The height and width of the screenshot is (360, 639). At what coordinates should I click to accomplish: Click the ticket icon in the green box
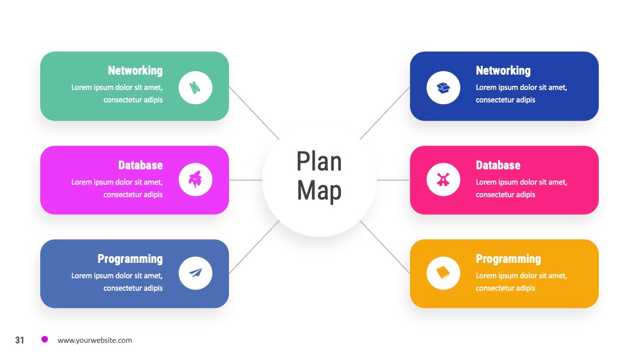195,88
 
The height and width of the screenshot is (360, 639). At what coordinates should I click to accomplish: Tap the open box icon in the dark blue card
443,88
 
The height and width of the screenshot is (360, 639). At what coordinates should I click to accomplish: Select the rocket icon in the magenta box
195,179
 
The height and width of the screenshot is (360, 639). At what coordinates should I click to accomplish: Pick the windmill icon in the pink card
443,179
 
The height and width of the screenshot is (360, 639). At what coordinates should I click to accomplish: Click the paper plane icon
195,273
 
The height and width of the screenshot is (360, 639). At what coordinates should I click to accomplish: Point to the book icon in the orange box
443,273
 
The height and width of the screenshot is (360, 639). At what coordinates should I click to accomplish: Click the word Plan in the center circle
319,162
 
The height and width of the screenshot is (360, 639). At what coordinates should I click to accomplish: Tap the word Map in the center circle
319,191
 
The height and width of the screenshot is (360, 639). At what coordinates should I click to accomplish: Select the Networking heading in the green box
135,70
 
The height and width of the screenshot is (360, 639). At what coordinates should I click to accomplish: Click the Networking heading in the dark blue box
503,70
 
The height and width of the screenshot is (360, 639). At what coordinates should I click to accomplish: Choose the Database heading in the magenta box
140,165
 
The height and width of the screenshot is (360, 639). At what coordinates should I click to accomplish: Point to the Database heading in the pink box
498,165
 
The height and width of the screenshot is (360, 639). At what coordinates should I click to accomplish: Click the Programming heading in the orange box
508,259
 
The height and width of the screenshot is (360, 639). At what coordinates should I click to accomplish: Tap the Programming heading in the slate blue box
130,259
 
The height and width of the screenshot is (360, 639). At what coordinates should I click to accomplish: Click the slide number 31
20,340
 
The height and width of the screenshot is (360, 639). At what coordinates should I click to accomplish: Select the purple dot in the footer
45,339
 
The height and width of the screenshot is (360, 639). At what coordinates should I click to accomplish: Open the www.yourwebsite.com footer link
95,340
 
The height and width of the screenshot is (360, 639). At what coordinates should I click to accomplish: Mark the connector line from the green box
254,113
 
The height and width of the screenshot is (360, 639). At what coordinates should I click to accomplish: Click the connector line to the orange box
385,247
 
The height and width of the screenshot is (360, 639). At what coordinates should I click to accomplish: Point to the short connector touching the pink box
393,180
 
